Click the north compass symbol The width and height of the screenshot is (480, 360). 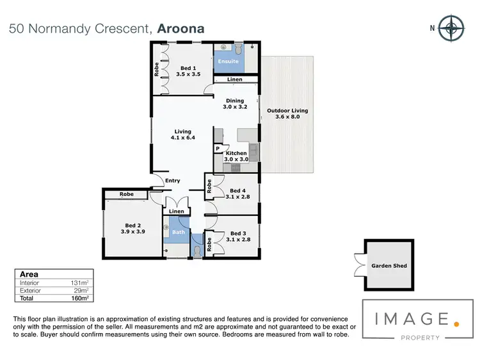(x=453, y=28)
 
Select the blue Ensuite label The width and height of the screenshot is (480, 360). (x=228, y=61)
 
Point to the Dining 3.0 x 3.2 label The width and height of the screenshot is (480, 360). (x=234, y=104)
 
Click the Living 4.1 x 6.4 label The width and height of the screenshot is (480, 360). (x=183, y=135)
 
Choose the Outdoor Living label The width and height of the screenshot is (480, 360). (x=287, y=114)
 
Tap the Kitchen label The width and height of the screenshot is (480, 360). (x=236, y=156)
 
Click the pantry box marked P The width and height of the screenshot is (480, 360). (x=218, y=149)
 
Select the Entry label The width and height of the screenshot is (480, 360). (x=173, y=181)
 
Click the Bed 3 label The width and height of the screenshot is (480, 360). (x=237, y=237)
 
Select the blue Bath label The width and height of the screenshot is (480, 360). (x=179, y=232)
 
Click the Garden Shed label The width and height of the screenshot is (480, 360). (x=389, y=265)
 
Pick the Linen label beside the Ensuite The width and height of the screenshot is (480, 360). (x=234, y=80)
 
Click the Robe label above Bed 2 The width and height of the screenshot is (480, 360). (x=126, y=194)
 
